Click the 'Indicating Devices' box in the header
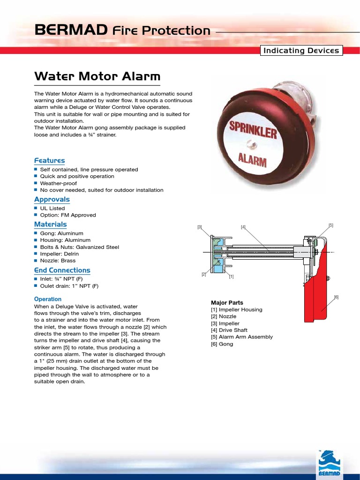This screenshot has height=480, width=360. tap(301, 51)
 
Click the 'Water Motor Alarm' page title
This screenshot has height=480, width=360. tap(97, 76)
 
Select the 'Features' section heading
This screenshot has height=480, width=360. tap(50, 160)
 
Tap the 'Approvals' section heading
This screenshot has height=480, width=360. tap(52, 199)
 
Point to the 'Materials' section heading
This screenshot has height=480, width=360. tap(51, 225)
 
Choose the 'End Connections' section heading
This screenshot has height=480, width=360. tap(62, 270)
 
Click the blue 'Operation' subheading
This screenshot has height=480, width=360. tap(48, 299)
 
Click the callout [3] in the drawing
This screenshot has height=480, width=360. tap(199, 227)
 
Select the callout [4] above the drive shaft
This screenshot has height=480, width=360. tap(243, 227)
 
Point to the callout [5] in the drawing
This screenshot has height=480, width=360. tap(331, 225)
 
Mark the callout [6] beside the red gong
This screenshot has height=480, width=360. tap(336, 297)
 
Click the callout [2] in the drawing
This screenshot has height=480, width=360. tap(204, 274)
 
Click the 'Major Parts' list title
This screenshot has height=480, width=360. tap(227, 303)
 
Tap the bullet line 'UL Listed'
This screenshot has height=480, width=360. tap(52, 208)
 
